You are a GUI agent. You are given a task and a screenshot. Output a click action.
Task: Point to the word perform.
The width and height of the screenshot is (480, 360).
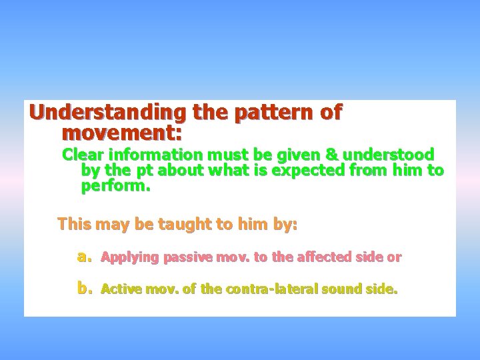[x=116, y=186]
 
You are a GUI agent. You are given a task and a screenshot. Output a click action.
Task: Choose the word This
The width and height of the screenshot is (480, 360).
[x=75, y=224]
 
